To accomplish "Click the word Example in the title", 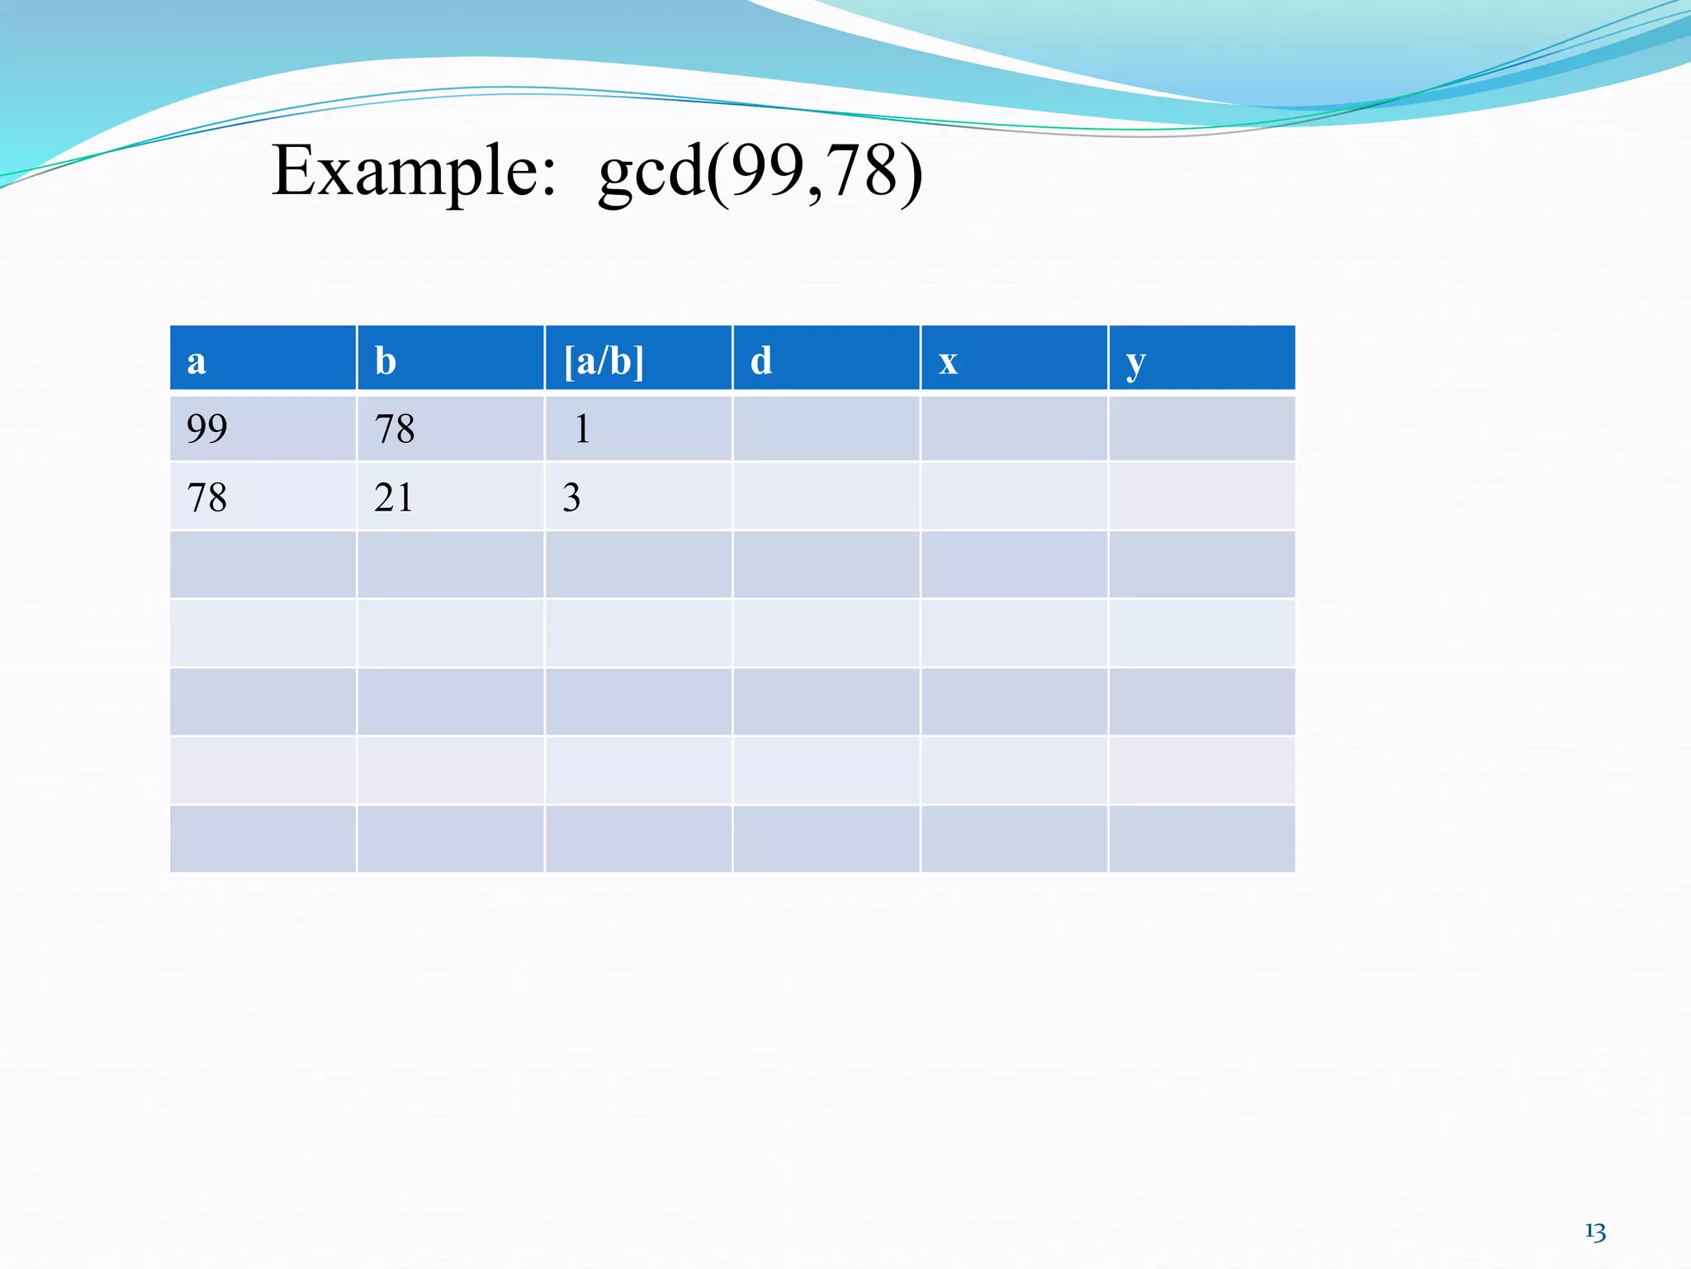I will pos(413,172).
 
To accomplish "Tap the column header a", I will pos(197,361).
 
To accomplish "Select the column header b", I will pos(386,361).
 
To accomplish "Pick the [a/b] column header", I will pos(604,361).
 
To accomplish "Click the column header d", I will pos(761,361).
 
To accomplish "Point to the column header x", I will pos(948,361).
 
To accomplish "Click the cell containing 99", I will pos(206,428).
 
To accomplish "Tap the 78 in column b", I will pos(395,428).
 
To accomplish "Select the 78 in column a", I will pos(206,497).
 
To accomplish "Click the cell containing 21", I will pos(393,497).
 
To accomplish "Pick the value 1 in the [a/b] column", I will pos(582,428).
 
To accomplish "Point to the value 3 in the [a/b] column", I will pos(571,497).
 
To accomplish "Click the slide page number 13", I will pos(1595,1232).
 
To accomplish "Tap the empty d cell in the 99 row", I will pos(826,428).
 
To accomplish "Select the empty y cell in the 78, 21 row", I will pos(1201,497).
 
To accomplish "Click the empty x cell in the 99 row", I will pos(1014,428).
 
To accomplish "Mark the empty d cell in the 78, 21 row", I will pos(826,497).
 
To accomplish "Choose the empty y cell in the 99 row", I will pos(1201,428).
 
